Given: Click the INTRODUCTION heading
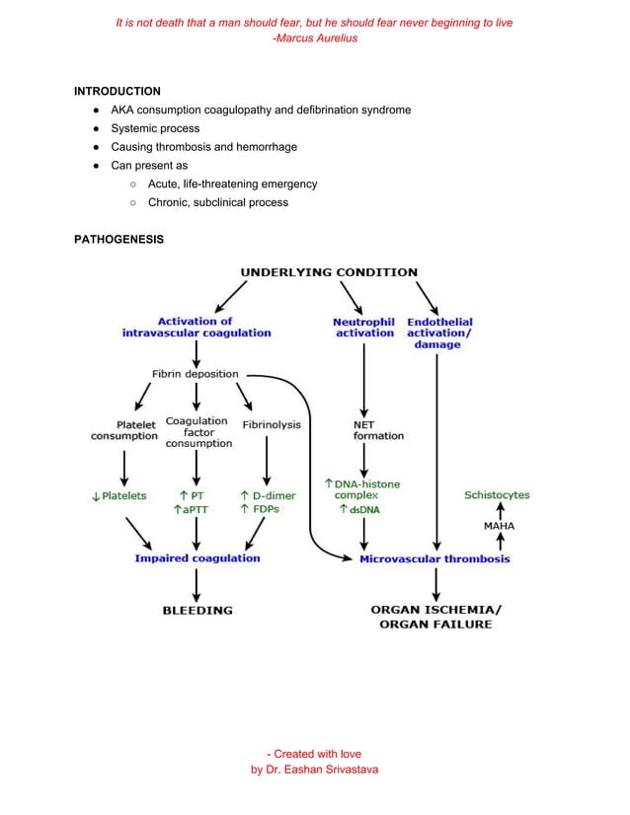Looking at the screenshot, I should pos(117,91).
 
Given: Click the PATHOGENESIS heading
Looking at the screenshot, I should pos(118,239).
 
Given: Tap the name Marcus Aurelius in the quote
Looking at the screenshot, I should pos(318,37).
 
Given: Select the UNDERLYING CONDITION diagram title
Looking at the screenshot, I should pos(329,272).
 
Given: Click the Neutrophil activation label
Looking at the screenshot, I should pos(363,328).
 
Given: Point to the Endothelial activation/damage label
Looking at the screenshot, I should pos(438,333).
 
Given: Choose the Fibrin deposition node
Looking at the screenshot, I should pos(195,375).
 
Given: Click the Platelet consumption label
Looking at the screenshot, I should pos(124,430).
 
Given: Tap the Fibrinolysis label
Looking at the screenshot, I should pos(272,424).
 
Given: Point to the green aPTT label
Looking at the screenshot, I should pos(192,510).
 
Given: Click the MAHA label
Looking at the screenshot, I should pos(500,526).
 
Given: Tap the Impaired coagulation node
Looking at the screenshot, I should pos(197,558).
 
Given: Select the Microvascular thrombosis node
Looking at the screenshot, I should pos(434,558).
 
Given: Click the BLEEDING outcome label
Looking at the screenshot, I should pos(197,610).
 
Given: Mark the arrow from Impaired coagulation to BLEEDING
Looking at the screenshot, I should pos(197,583).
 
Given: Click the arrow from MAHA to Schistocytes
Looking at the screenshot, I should pos(500,510).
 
